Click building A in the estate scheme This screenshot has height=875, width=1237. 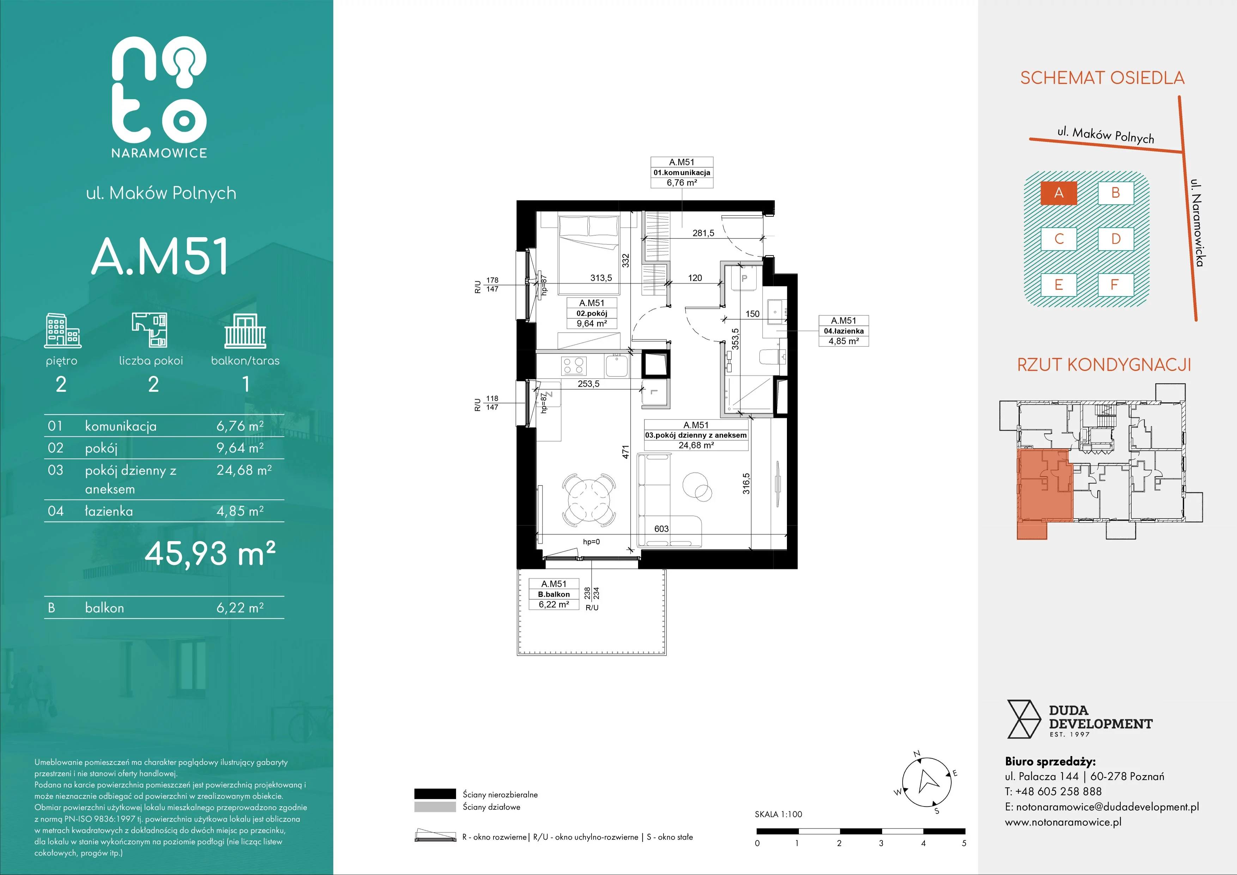click(x=1059, y=193)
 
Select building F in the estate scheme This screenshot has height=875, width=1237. click(x=1115, y=284)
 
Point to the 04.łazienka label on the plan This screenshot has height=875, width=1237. click(x=844, y=331)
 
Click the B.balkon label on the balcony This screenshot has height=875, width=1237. click(x=554, y=594)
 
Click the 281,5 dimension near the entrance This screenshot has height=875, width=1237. click(x=703, y=233)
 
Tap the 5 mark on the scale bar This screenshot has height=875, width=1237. click(x=964, y=843)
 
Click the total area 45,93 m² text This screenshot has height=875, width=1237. click(x=210, y=553)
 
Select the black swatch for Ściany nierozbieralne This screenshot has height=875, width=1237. click(x=435, y=793)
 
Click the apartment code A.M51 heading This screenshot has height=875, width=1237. click(x=160, y=257)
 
